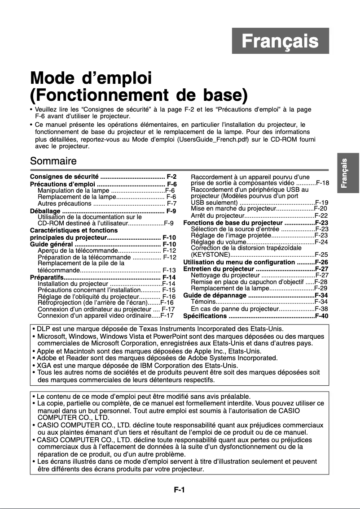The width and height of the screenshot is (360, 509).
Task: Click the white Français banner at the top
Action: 280,41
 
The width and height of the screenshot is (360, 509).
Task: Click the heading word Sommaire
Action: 53,160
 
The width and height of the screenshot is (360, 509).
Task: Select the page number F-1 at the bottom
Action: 180,490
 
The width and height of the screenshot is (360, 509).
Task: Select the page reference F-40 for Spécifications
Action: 321,316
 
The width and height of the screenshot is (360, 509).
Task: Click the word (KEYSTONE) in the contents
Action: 211,254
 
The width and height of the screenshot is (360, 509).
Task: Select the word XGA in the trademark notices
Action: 44,365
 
